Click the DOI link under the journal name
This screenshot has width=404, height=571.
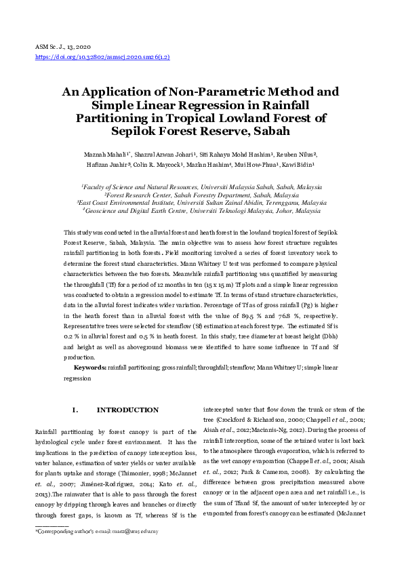(x=102, y=58)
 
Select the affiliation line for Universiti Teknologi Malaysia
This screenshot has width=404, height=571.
(x=201, y=211)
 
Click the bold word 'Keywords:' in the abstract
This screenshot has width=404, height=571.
(x=89, y=367)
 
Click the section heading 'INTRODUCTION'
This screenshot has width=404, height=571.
(x=127, y=410)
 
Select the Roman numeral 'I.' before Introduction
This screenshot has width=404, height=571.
(x=75, y=410)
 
